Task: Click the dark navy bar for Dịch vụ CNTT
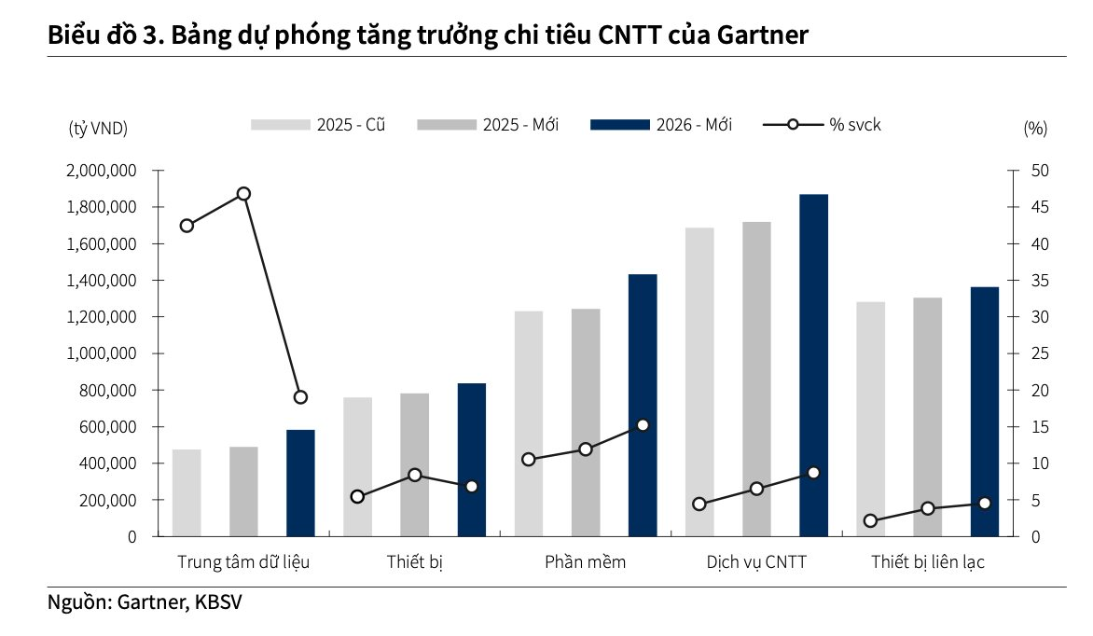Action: (813, 365)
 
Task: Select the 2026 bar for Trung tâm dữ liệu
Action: (300, 483)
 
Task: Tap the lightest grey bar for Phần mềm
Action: (528, 423)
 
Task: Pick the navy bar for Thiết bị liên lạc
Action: (984, 411)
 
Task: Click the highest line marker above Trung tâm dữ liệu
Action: (243, 194)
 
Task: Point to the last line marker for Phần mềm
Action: (643, 425)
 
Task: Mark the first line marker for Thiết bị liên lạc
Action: (870, 521)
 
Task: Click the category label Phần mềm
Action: (586, 562)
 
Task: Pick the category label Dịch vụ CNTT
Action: (756, 562)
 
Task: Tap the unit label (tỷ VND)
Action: (98, 128)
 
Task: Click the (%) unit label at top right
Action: (1035, 128)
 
